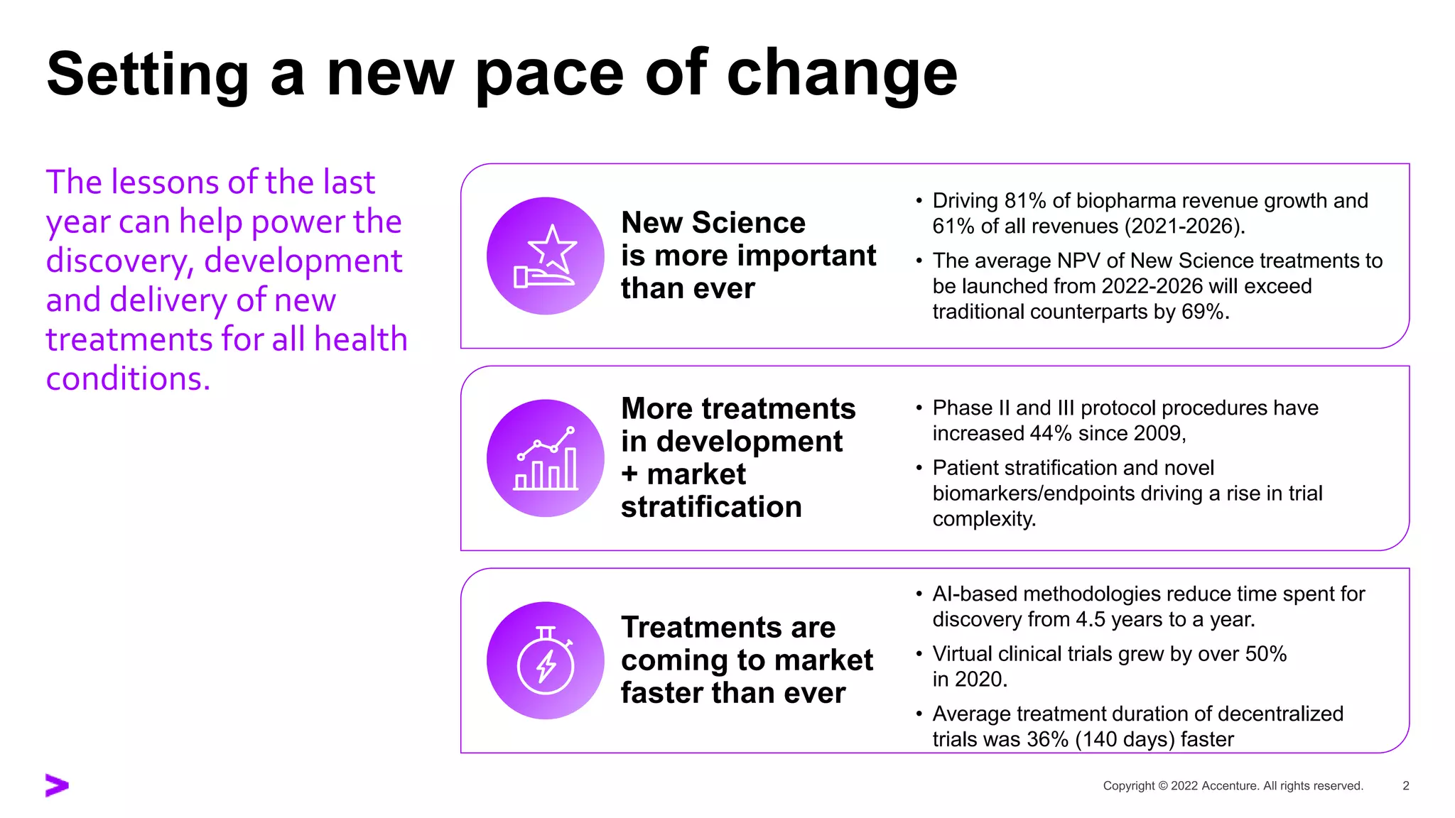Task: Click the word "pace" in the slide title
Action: [x=548, y=75]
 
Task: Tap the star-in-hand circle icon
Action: [x=545, y=256]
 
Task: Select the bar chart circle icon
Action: [x=545, y=458]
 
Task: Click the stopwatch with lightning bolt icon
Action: [x=545, y=660]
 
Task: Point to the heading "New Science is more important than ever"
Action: [x=748, y=256]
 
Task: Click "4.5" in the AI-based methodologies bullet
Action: [x=1091, y=619]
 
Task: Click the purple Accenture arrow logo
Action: [x=57, y=785]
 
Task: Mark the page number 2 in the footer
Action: [x=1405, y=785]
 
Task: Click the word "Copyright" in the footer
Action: [x=1129, y=786]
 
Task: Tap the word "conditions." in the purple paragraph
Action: [x=129, y=378]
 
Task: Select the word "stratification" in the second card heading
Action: [x=711, y=507]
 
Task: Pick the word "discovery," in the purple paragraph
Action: [x=119, y=261]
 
